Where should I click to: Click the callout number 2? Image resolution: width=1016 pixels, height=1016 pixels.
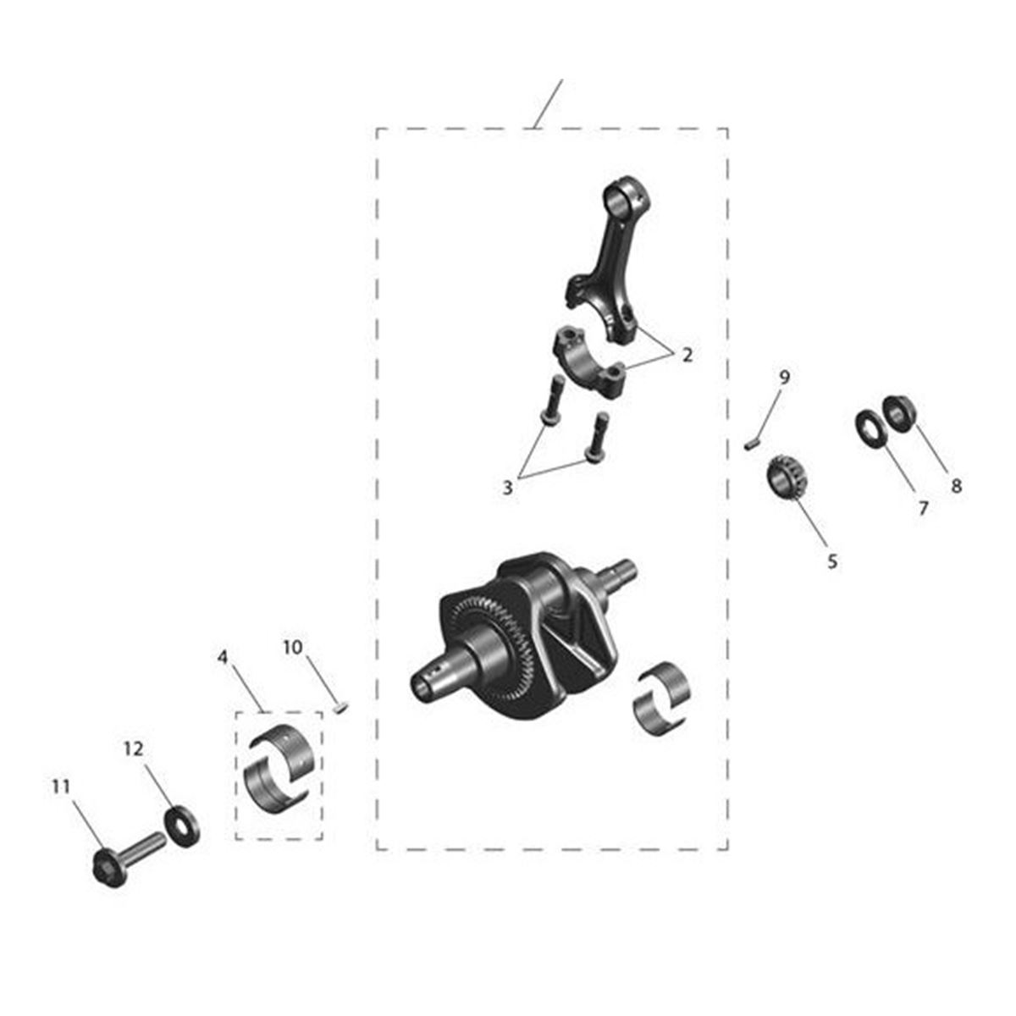(x=687, y=355)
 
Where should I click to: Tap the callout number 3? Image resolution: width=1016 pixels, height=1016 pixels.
(x=507, y=488)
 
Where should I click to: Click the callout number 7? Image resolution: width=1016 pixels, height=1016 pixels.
(x=923, y=508)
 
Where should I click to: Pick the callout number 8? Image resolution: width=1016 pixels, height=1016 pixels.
(x=957, y=486)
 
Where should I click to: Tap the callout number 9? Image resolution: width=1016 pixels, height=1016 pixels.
(x=785, y=377)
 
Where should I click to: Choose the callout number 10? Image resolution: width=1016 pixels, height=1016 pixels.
(x=293, y=647)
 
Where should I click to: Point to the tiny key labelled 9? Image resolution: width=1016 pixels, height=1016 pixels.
(x=753, y=444)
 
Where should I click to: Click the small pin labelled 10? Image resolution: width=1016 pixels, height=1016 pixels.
(x=341, y=707)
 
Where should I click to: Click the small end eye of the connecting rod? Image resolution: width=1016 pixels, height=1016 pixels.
(x=626, y=198)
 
